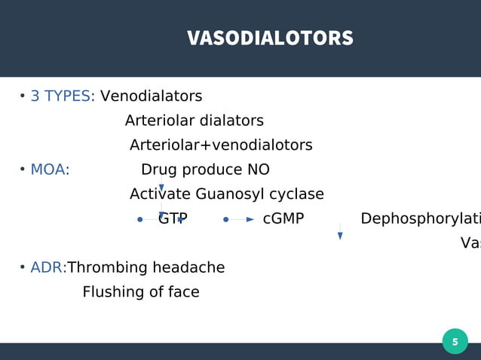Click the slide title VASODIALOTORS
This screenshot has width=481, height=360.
pyautogui.click(x=270, y=38)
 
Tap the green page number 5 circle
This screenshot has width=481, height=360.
pyautogui.click(x=455, y=341)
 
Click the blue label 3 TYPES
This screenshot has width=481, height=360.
pyautogui.click(x=60, y=96)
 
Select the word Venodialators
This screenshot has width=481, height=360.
pyautogui.click(x=151, y=96)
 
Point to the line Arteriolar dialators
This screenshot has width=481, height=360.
pyautogui.click(x=194, y=121)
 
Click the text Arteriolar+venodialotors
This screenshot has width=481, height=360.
pyautogui.click(x=221, y=145)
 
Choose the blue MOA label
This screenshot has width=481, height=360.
pyautogui.click(x=47, y=169)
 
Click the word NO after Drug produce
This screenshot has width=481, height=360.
pyautogui.click(x=258, y=169)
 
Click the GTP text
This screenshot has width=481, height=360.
pyautogui.click(x=173, y=219)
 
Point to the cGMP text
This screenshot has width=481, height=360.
pyautogui.click(x=283, y=219)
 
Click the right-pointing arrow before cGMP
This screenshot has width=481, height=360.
pyautogui.click(x=250, y=220)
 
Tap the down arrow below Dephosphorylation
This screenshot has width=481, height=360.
pyautogui.click(x=340, y=235)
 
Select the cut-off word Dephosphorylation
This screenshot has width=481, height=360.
pyautogui.click(x=420, y=219)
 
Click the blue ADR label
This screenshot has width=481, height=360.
pyautogui.click(x=46, y=268)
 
